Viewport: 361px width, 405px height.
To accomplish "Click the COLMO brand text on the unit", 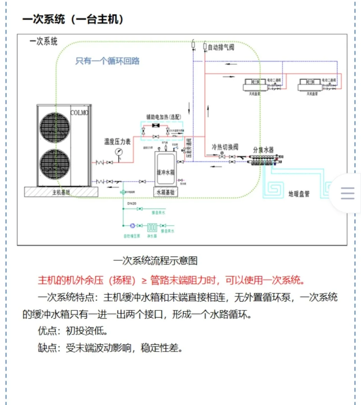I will click(79, 113).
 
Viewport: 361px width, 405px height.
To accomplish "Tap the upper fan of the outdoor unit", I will click(55, 128).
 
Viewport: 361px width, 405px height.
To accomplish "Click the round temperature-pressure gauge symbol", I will click(119, 152).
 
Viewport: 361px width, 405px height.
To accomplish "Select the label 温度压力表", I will click(117, 142).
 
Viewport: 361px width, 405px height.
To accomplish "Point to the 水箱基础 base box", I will click(165, 192).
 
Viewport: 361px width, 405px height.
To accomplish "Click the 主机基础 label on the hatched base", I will click(61, 192).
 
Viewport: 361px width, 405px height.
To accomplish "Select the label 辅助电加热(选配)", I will click(163, 117).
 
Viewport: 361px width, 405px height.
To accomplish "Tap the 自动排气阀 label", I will click(221, 47).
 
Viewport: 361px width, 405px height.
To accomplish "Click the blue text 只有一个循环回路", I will click(107, 61).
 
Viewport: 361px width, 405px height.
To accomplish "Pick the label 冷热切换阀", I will click(225, 147).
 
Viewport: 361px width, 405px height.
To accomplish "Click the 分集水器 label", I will click(263, 150).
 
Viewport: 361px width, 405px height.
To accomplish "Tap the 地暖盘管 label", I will click(299, 194).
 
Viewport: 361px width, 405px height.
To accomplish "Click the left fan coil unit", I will click(255, 85).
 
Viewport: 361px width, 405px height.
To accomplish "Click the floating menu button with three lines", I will click(347, 193).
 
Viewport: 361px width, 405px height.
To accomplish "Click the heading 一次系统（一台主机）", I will click(73, 19).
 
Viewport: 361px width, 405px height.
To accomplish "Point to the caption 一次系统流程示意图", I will click(155, 261).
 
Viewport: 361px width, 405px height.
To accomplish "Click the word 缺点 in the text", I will click(47, 348).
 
